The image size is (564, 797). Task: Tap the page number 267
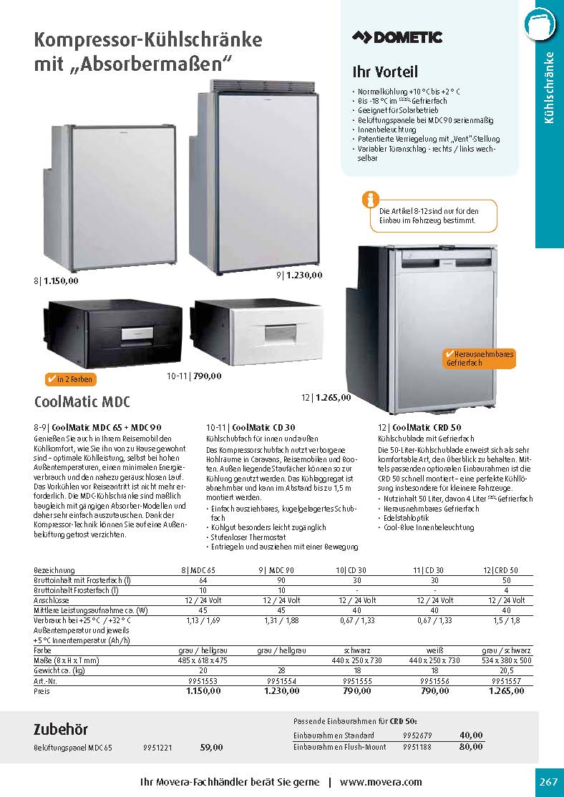coord(548,781)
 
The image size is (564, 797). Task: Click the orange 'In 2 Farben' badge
coord(69,379)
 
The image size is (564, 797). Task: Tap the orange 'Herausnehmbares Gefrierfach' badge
coord(479,358)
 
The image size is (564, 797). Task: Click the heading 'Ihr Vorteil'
coord(385,72)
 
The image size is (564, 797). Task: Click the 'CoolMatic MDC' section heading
coord(82,401)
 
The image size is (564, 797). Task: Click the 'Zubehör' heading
coord(61,729)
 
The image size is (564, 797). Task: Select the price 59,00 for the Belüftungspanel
coord(211,747)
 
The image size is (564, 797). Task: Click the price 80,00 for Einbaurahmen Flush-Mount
coord(471,747)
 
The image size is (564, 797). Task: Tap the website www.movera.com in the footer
coord(381,782)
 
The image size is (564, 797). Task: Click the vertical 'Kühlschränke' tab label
coord(549,87)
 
